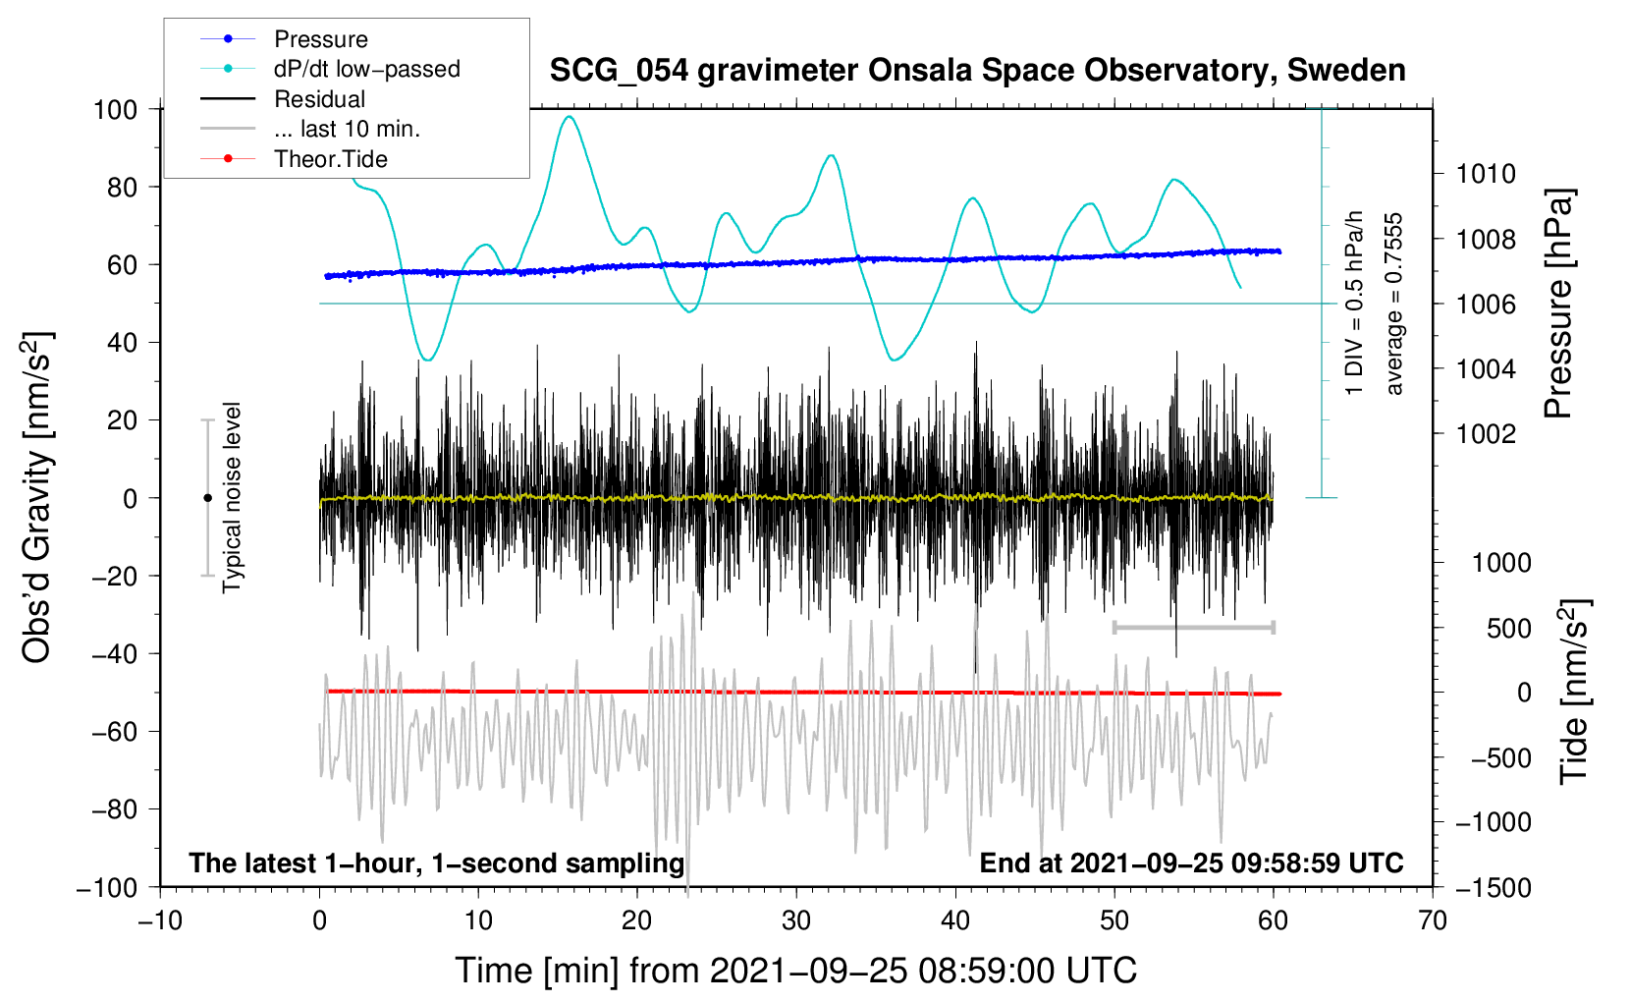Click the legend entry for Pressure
[x=320, y=39]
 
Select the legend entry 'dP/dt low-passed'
[x=366, y=69]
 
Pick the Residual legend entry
[x=319, y=99]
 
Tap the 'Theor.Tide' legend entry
[x=330, y=159]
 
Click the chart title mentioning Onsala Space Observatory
[x=977, y=71]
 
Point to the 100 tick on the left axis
[x=115, y=109]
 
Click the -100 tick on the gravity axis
[x=108, y=887]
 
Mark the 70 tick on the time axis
[x=1433, y=920]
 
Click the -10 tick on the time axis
[x=160, y=920]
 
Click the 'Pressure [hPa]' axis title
[x=1558, y=304]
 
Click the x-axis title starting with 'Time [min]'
[x=795, y=971]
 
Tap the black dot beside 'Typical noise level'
[x=207, y=498]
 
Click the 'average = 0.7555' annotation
[x=1394, y=304]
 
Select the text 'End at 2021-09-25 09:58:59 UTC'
[x=1191, y=863]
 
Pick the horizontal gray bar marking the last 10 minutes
[x=1193, y=627]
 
